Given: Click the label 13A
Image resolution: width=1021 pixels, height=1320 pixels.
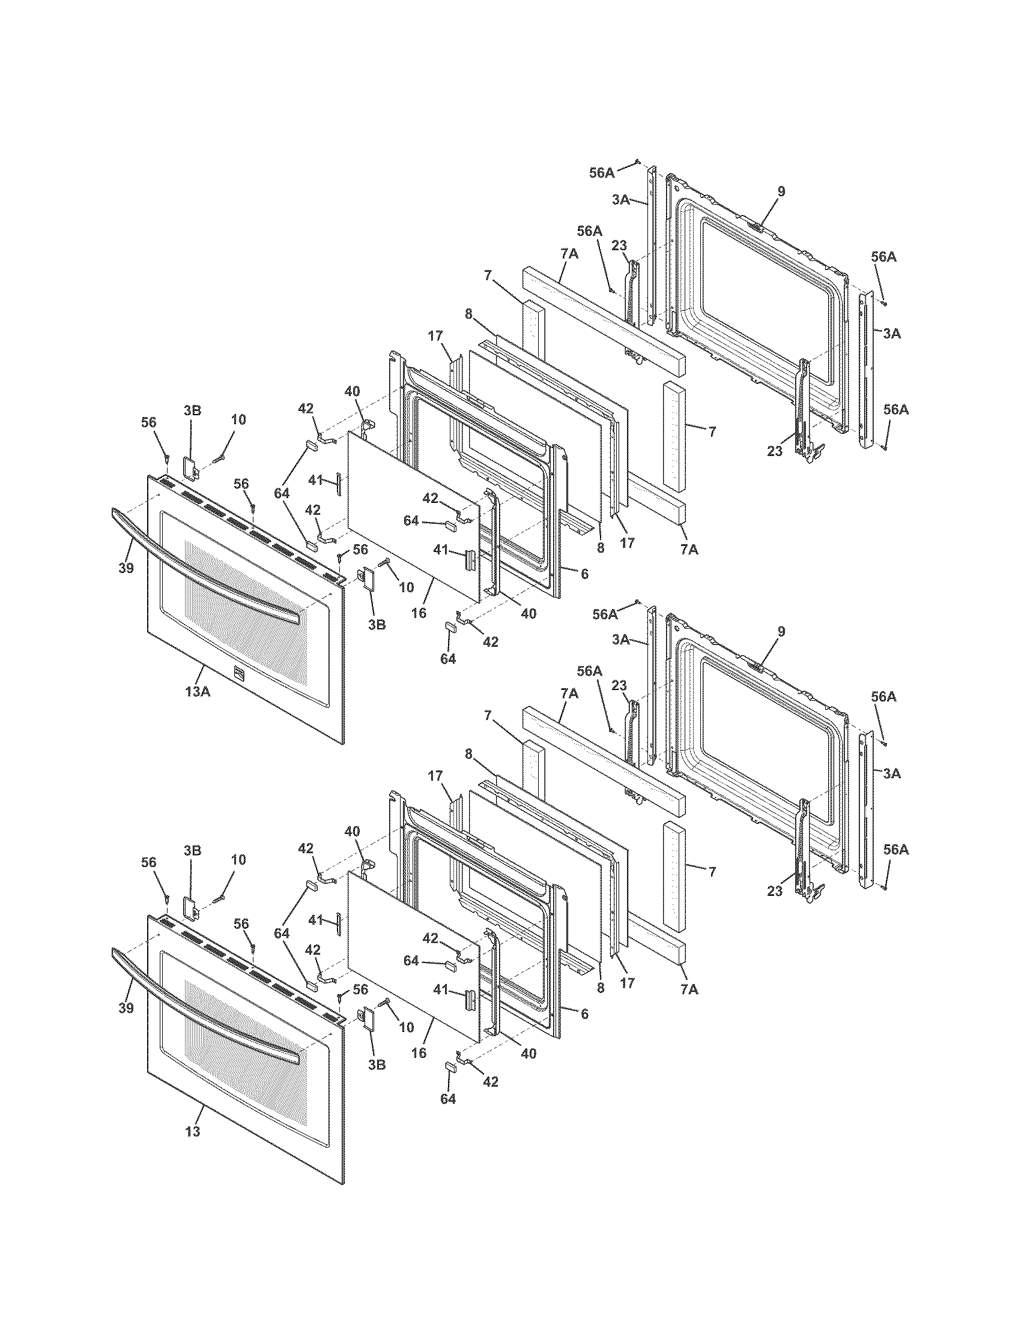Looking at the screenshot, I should point(198,691).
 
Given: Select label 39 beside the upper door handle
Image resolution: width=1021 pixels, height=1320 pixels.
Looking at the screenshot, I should point(126,568).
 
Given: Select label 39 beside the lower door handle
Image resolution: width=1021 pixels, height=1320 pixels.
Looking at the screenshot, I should point(126,1008).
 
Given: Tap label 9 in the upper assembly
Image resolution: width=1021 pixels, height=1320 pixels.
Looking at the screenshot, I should point(781,191).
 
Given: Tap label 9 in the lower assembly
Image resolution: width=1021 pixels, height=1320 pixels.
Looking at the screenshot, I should point(781,632).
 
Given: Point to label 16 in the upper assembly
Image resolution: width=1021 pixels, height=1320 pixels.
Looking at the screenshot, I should point(419,613).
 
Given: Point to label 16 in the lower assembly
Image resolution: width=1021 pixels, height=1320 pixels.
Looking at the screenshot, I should point(419,1053).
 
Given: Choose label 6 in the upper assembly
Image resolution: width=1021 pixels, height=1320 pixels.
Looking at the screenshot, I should point(584,574).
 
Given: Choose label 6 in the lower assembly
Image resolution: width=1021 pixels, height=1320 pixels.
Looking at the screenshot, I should point(584,1014).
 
